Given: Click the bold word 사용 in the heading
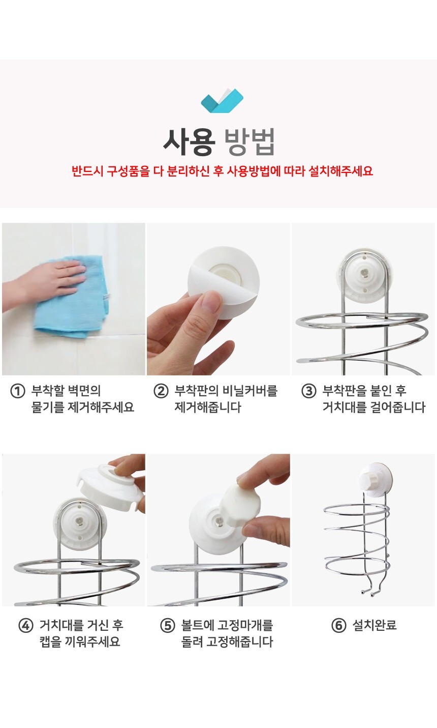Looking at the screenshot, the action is click(x=189, y=142).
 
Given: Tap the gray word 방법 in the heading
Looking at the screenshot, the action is click(x=249, y=142).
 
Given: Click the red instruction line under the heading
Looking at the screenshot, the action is click(x=222, y=171).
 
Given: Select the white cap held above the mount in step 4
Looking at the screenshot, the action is click(x=110, y=486).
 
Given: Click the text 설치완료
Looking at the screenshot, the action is click(x=374, y=625).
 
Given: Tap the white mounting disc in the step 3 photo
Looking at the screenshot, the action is click(x=364, y=276).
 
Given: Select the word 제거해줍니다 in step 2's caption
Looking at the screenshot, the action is click(x=208, y=407).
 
